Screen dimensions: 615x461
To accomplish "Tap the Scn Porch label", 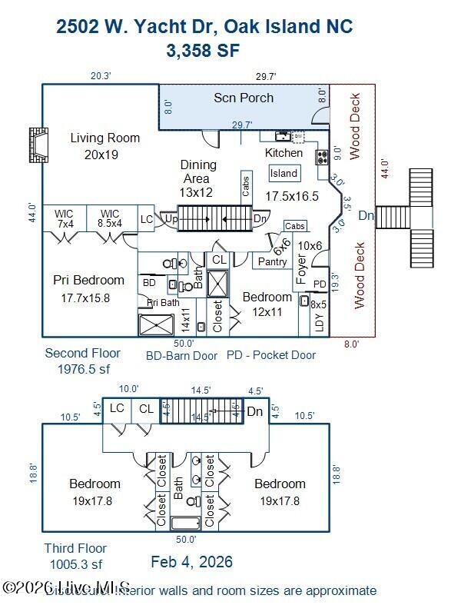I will tap(243, 98).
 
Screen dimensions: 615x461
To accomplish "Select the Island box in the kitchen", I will tap(284, 173).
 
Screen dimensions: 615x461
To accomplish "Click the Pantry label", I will tap(272, 262).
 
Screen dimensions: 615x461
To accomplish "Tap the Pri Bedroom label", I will tap(88, 280).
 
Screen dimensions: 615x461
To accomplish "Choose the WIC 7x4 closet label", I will tap(65, 218).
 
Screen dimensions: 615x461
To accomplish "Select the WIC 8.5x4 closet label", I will tap(110, 218).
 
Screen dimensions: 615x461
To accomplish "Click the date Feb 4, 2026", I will tap(191, 562).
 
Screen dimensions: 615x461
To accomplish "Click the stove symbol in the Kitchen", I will tap(322, 157).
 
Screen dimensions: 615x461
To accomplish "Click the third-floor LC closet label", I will tap(118, 409).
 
